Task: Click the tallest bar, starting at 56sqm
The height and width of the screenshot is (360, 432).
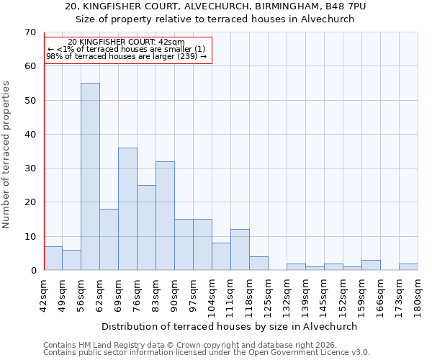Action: click(x=90, y=176)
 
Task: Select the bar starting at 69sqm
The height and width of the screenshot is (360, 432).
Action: click(x=127, y=209)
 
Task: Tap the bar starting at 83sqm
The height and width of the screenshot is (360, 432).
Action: click(x=165, y=216)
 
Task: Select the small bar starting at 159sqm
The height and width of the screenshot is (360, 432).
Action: click(x=371, y=265)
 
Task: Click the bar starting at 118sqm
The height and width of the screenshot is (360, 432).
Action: click(x=258, y=264)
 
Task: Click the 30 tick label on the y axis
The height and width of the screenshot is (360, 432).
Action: click(x=30, y=168)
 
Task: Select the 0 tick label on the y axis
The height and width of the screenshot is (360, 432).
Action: click(x=32, y=271)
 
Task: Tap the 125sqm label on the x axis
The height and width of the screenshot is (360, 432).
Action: click(x=269, y=295)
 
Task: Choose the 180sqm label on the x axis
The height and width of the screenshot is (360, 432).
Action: click(x=418, y=295)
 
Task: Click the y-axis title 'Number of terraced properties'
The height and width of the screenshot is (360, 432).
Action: click(x=6, y=155)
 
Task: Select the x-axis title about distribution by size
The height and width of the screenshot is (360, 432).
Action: click(x=229, y=326)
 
